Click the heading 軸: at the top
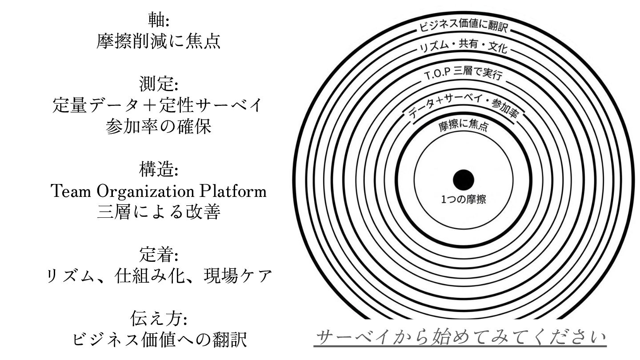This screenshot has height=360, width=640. point(159,20)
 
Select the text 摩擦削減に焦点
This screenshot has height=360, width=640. point(159,41)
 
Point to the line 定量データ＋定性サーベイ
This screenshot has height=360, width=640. point(159,106)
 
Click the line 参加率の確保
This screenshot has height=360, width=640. point(159,127)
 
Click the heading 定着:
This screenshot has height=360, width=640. point(159,255)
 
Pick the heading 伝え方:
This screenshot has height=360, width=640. point(159,319)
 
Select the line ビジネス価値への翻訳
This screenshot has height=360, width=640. point(159,340)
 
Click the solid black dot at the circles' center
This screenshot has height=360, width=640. point(463,180)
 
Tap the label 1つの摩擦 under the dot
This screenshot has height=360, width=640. point(463,200)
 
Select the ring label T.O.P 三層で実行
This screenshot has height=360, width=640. point(463,74)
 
